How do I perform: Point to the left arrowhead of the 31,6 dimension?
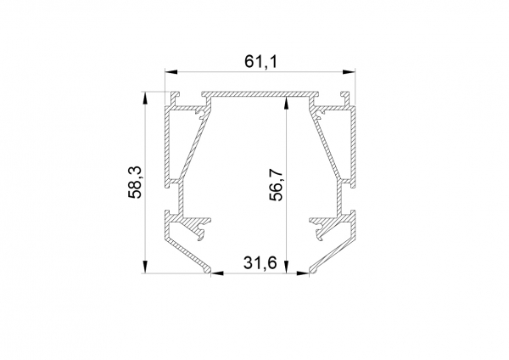tap(215, 273)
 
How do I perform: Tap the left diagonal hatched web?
tap(192, 144)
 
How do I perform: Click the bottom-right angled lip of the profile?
tap(331, 257)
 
